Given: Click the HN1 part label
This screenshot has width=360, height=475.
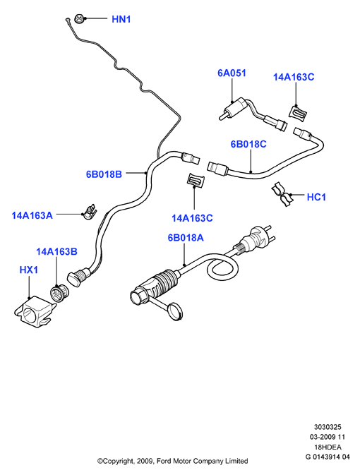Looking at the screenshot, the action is [x=121, y=19].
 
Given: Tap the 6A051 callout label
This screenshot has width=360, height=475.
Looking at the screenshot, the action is [x=232, y=73].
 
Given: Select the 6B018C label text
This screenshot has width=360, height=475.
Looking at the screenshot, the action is [x=248, y=144].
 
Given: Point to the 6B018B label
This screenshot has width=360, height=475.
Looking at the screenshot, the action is [x=104, y=174].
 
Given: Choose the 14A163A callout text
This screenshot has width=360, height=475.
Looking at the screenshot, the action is [x=32, y=215].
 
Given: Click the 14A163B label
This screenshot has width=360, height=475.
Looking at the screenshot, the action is [x=56, y=252].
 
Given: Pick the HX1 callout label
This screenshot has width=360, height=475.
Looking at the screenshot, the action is [x=29, y=270].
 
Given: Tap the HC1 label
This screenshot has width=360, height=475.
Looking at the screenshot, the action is [x=316, y=197].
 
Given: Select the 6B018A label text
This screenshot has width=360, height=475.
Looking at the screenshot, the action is [x=186, y=238].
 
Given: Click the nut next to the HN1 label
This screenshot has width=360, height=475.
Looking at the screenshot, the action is [x=80, y=19].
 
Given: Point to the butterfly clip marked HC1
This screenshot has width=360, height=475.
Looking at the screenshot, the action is [x=281, y=194].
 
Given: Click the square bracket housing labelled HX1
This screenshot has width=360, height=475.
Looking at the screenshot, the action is [x=35, y=312].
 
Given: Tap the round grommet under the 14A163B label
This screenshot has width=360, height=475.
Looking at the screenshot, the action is [x=59, y=293].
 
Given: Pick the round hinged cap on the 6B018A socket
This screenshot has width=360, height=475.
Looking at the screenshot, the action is [x=176, y=311].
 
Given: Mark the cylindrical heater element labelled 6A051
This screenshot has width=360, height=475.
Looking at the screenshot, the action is [x=235, y=108].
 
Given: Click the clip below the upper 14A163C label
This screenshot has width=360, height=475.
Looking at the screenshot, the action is [x=298, y=114].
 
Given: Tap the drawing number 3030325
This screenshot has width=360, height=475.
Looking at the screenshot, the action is [x=328, y=427].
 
